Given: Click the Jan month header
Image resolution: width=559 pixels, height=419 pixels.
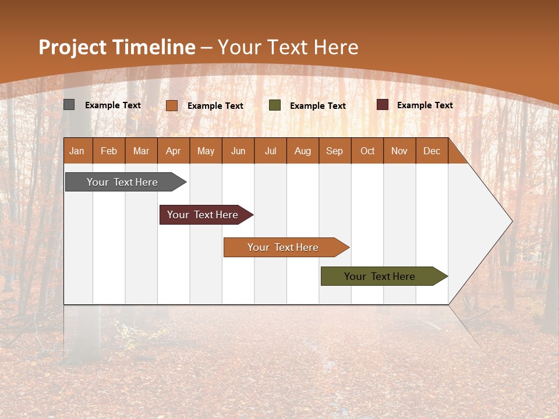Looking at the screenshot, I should (77, 151).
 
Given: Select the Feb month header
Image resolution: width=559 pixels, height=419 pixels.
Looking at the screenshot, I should (109, 151).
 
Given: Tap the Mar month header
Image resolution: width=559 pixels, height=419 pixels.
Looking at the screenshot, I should (141, 151).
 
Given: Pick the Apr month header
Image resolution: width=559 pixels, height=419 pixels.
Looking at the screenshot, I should (174, 151).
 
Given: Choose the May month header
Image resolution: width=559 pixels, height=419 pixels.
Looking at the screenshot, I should (206, 151).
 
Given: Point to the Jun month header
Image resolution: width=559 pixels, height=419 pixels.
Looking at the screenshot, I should (238, 151).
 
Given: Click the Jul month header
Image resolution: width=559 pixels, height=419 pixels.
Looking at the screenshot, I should (270, 151).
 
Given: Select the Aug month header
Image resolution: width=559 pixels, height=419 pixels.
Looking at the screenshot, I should (303, 151).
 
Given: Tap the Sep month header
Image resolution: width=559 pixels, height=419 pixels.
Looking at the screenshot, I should (335, 151).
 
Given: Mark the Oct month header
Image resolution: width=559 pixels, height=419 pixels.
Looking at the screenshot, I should (367, 151).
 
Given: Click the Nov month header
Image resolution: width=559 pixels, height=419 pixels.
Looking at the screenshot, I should (399, 151).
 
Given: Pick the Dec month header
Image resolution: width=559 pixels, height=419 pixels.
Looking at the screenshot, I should (432, 151).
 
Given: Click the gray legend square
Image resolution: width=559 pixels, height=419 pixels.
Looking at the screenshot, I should (69, 105).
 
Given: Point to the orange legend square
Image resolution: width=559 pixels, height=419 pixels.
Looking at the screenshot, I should (172, 105).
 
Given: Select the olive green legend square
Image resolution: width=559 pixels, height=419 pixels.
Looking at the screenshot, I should (275, 105).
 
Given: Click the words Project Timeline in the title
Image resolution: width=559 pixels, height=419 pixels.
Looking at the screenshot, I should (116, 47).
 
